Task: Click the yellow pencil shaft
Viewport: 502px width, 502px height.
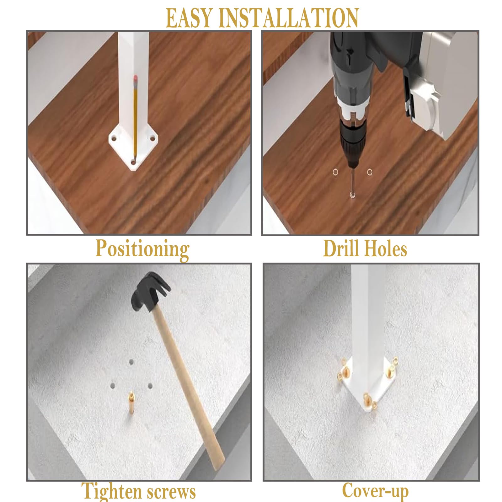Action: tap(136, 119)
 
